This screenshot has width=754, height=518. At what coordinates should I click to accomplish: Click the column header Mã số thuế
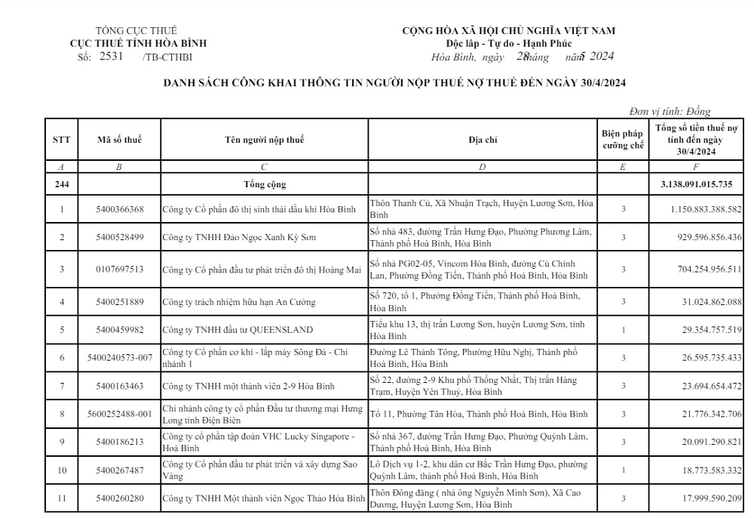click(x=119, y=139)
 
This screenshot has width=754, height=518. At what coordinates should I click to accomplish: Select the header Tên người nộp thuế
click(x=264, y=139)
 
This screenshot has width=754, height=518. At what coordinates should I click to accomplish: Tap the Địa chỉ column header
click(x=483, y=139)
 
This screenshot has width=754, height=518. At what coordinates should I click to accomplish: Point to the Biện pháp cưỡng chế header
click(x=622, y=139)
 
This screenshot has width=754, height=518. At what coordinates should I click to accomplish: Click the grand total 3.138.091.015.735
click(x=700, y=183)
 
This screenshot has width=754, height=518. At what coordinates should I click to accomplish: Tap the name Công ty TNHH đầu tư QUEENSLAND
click(x=238, y=329)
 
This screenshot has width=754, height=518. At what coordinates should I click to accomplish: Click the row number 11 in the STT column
click(x=62, y=498)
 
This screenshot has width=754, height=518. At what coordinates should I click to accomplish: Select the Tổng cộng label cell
click(x=265, y=183)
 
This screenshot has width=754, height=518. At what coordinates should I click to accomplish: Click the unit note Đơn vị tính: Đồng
click(x=670, y=112)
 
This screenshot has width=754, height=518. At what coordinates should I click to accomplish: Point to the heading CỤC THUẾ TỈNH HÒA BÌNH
click(x=138, y=43)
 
